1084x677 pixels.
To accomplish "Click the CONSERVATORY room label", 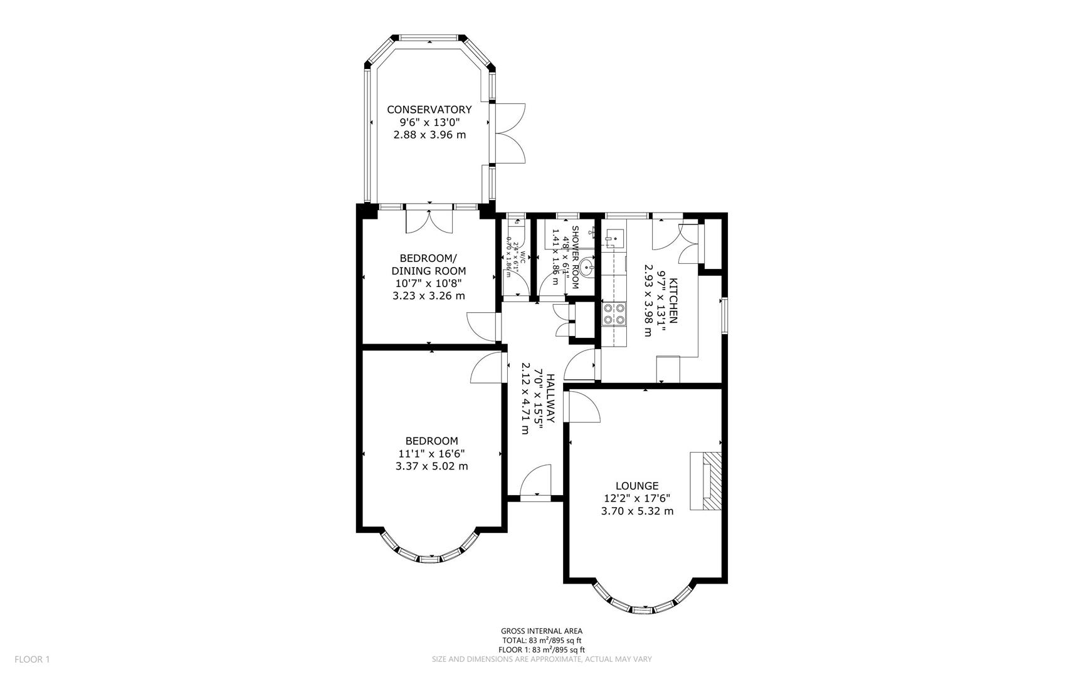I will coord(429,110).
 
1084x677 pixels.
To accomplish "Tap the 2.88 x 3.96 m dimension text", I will coord(429,135).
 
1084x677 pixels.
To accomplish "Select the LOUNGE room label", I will coord(636,486).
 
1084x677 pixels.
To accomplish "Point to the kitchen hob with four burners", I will coord(613,313).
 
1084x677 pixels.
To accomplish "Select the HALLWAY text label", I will coord(550,398).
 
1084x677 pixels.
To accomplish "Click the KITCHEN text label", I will coord(673,300).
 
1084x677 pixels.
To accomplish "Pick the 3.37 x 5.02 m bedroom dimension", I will coord(431,466).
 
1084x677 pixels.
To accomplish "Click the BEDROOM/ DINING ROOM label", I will coord(429,265).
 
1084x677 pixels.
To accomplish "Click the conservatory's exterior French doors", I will coord(510,134).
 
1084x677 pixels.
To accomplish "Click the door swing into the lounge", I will coord(583,407).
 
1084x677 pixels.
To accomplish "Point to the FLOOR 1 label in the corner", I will coord(31,659).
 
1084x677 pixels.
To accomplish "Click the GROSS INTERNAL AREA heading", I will coord(541,631).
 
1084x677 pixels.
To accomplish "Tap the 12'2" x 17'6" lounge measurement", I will coord(636,498).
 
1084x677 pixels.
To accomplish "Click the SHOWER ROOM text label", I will coord(575,258).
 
